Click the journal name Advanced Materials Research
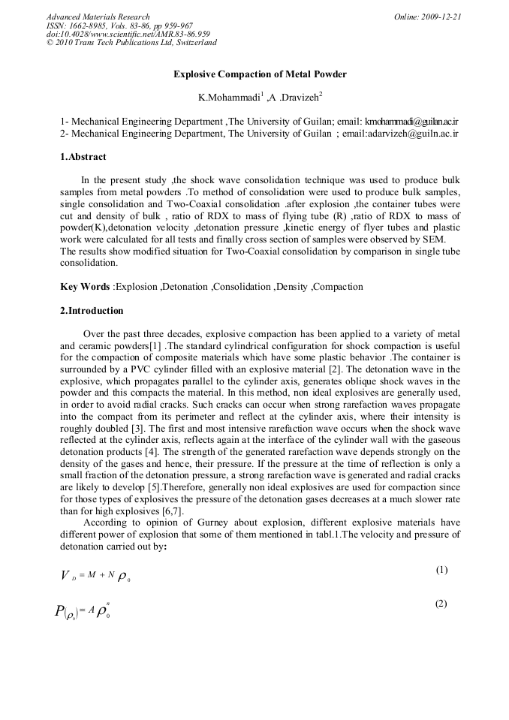pyautogui.click(x=98, y=17)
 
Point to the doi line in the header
pyautogui.click(x=128, y=34)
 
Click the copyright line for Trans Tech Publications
pyautogui.click(x=131, y=43)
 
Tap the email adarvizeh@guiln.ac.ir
pyautogui.click(x=411, y=133)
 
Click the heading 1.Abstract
pyautogui.click(x=83, y=157)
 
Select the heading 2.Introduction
pyautogui.click(x=92, y=310)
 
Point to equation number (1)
pyautogui.click(x=441, y=570)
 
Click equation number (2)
pyautogui.click(x=441, y=604)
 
